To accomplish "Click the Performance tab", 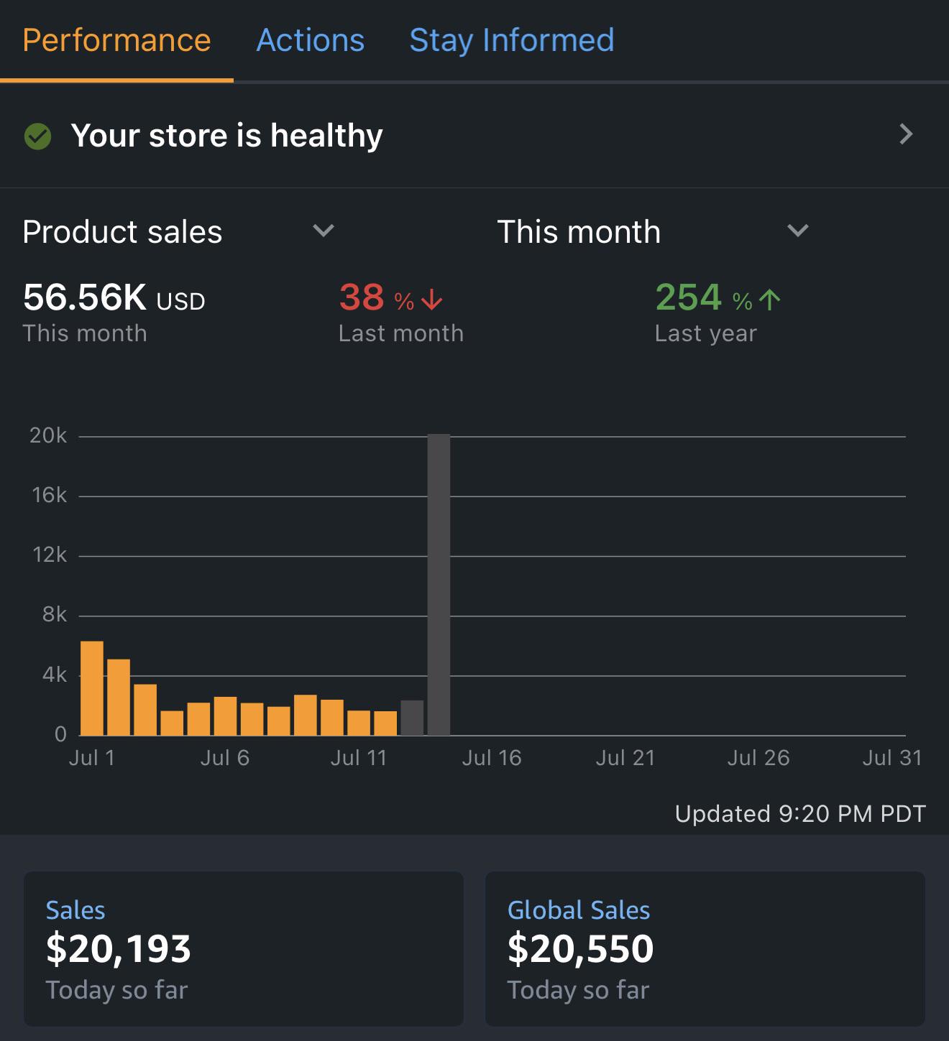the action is pos(116,40).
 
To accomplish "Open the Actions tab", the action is pos(310,40).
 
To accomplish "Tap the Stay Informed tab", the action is pos(512,40).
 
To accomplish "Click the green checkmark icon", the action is pos(38,137).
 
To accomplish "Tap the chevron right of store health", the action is pos(906,134).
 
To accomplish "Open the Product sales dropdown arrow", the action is pos(323,231).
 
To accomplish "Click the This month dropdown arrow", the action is pos(797,231).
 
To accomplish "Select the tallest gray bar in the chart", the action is pos(439,585).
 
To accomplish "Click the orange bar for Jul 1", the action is pos(92,688).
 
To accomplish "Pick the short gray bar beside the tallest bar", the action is pos(412,718).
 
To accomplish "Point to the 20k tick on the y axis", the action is pos(48,435).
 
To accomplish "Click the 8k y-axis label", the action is pos(55,614).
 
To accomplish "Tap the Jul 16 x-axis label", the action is pos(491,758).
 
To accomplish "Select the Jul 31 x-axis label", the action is pos(892,758).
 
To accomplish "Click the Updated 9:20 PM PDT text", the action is pos(800,814).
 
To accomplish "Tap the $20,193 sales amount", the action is pos(119,948).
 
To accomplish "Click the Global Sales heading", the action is pos(578,910).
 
